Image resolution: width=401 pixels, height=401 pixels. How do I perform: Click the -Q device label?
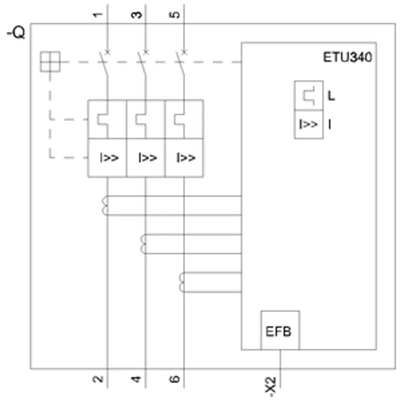pyautogui.click(x=16, y=33)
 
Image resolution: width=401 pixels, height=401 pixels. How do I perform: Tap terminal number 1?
pyautogui.click(x=97, y=15)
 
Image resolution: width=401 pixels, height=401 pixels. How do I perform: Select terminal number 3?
pyautogui.click(x=136, y=15)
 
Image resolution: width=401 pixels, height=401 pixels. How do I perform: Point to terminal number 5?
pyautogui.click(x=174, y=15)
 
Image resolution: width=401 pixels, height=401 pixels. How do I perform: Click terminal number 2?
pyautogui.click(x=98, y=379)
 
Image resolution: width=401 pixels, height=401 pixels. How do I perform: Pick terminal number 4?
pyautogui.click(x=136, y=379)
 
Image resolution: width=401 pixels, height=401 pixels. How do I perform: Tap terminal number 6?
pyautogui.click(x=174, y=379)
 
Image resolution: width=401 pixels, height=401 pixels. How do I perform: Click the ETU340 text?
pyautogui.click(x=347, y=57)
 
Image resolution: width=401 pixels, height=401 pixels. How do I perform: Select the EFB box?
pyautogui.click(x=280, y=330)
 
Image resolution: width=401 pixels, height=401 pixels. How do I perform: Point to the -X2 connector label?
pyautogui.click(x=271, y=386)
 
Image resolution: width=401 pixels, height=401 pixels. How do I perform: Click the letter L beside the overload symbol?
pyautogui.click(x=331, y=96)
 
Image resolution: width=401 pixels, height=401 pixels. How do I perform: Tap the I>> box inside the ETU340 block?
pyautogui.click(x=309, y=124)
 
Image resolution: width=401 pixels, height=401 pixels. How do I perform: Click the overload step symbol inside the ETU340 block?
pyautogui.click(x=309, y=96)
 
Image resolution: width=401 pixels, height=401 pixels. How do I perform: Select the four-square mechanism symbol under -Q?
pyautogui.click(x=50, y=62)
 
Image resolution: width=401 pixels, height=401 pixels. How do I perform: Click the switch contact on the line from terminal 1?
pyautogui.click(x=104, y=63)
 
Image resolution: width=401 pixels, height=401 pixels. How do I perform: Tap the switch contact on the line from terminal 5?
pyautogui.click(x=181, y=63)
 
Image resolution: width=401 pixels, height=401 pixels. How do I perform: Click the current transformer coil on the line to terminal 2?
pyautogui.click(x=105, y=206)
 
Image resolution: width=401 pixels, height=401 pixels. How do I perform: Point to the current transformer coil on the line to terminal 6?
pyautogui.click(x=181, y=282)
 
